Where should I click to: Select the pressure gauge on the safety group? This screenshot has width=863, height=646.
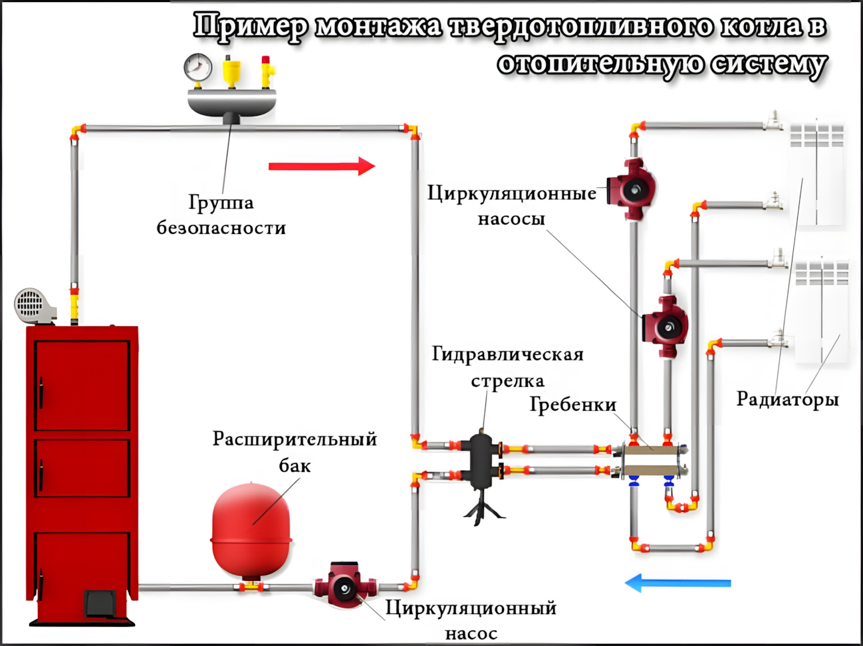[197, 67]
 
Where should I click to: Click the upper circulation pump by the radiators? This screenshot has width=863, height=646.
[632, 189]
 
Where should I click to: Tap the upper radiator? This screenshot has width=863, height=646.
[816, 174]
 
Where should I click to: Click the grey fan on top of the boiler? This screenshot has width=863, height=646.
[32, 306]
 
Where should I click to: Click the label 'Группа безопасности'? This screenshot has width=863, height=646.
[221, 215]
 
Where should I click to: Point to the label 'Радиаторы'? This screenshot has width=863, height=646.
[787, 399]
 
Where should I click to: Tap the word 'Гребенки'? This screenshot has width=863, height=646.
[572, 404]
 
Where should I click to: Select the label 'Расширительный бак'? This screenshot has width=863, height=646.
[294, 452]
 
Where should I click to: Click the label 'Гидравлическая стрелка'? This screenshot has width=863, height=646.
[507, 367]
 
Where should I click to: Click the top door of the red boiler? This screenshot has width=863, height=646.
[82, 385]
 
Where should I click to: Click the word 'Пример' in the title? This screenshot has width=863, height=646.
[251, 27]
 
